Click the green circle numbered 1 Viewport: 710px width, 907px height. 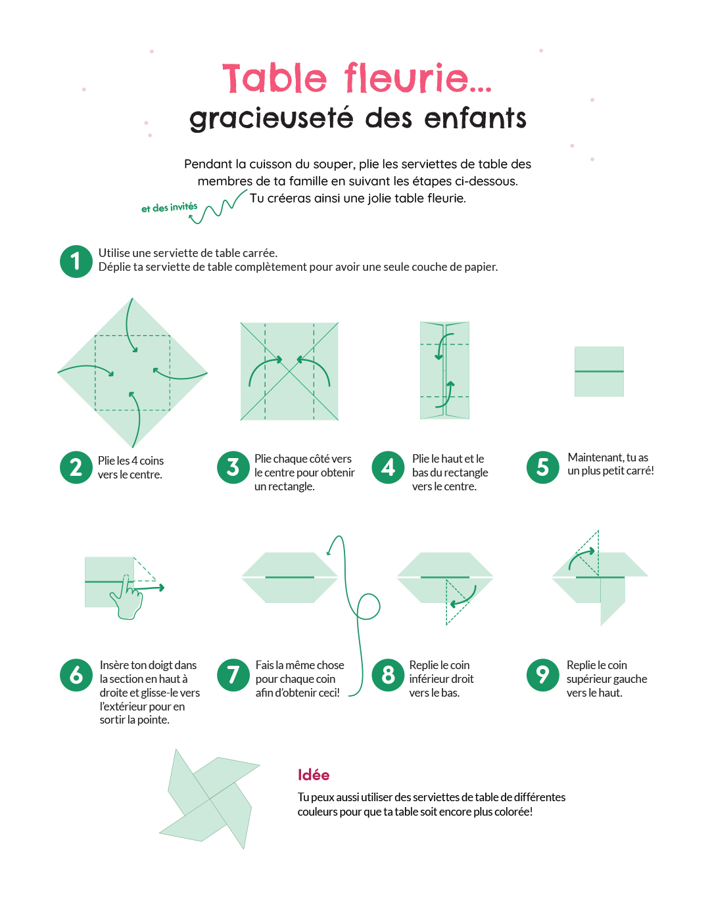pos(76,262)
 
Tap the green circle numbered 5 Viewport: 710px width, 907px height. pos(543,467)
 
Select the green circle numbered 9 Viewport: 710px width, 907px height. pos(543,675)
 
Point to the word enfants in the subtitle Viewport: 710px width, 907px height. pos(475,119)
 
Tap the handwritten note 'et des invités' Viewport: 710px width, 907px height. pos(169,208)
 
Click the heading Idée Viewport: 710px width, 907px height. pos(314,775)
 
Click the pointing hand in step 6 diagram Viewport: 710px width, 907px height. pos(129,599)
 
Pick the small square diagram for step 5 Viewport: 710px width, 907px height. pos(599,371)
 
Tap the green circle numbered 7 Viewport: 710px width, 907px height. pos(233,675)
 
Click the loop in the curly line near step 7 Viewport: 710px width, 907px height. pos(368,606)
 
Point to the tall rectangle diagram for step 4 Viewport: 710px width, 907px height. pos(445,371)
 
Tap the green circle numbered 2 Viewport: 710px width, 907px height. pos(76,467)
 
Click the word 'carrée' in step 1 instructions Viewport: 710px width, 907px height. pos(260,253)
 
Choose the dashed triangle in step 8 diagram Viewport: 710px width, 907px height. pos(455,601)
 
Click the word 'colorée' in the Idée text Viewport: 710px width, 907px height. pos(509,812)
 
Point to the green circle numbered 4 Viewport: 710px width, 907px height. pos(389,467)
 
